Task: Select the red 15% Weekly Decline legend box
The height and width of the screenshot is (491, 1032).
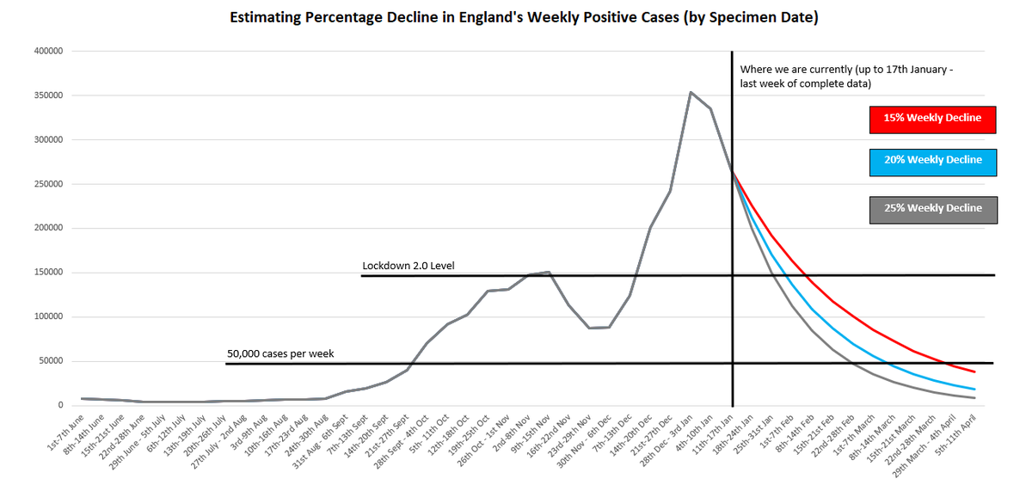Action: [x=933, y=118]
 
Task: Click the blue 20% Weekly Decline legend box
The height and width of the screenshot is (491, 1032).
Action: [x=933, y=161]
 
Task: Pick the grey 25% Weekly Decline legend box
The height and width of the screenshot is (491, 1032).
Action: [x=933, y=209]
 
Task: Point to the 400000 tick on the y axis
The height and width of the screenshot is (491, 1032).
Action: [x=48, y=52]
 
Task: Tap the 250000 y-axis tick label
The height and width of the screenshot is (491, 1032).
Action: [x=48, y=184]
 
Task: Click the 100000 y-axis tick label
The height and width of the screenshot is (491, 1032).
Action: [x=48, y=317]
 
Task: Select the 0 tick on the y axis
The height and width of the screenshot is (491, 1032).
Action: [x=60, y=406]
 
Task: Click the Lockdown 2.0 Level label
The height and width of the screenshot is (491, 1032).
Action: [x=408, y=266]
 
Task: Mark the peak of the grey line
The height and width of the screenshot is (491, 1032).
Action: [x=691, y=92]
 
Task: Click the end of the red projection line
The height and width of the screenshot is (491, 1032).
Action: [x=974, y=371]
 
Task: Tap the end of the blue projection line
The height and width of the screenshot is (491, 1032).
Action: [x=974, y=390]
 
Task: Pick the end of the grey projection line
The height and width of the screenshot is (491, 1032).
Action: [x=974, y=398]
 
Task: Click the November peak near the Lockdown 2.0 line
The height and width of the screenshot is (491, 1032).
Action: [x=548, y=273]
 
